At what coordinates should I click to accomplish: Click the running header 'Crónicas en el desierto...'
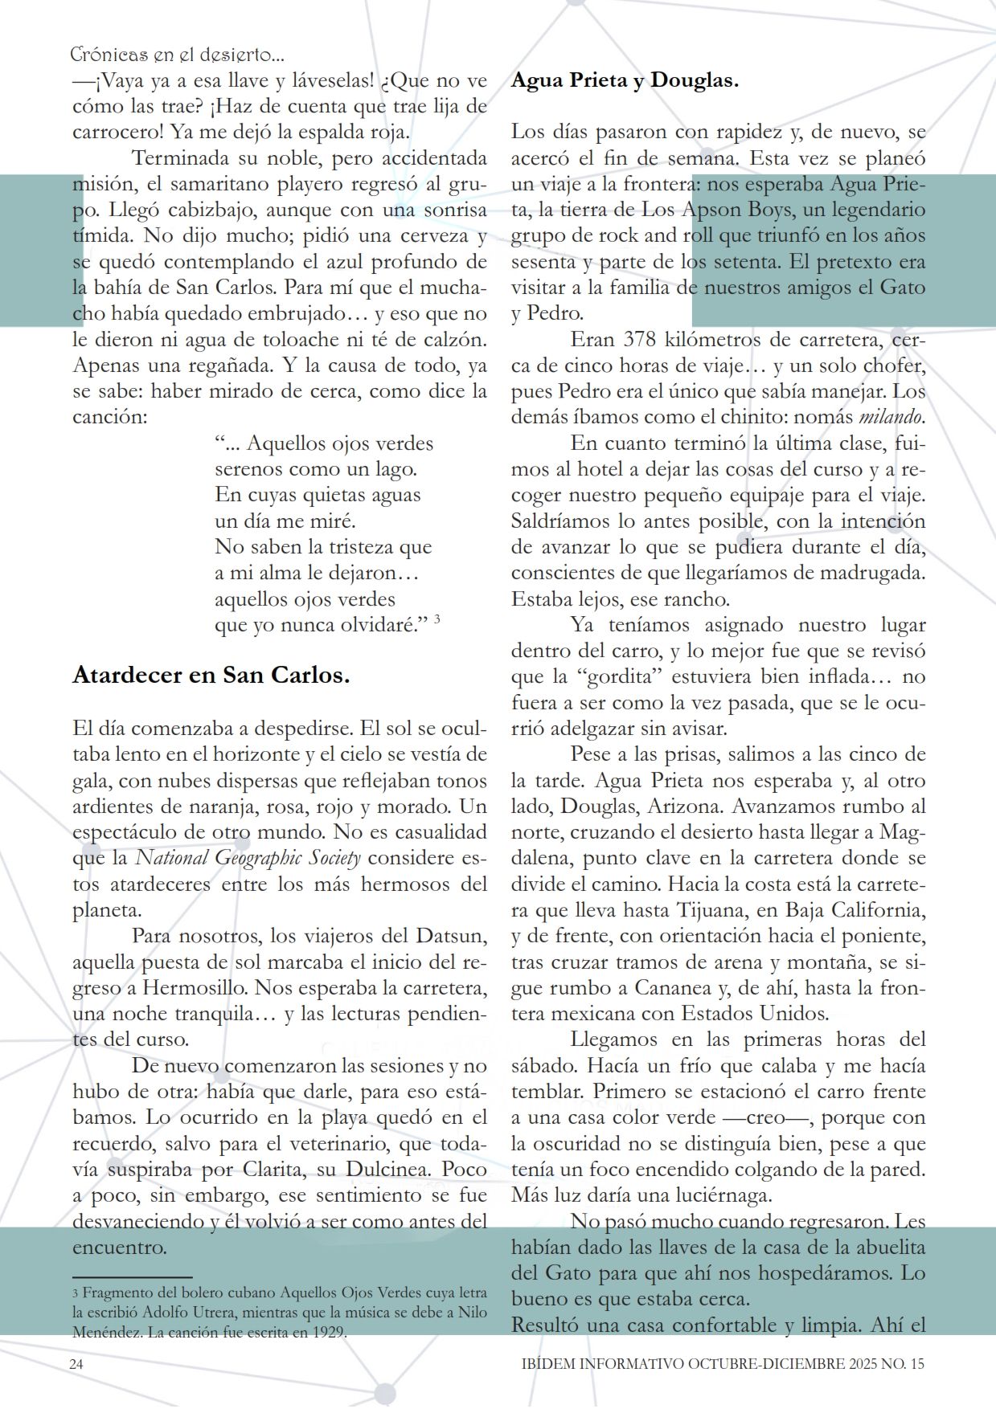[x=177, y=55]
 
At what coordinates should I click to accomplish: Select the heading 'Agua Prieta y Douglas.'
[x=625, y=80]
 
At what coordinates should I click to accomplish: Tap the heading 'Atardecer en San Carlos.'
[x=211, y=675]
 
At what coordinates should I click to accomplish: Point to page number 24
[x=77, y=1364]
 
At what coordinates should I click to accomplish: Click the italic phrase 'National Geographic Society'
[x=248, y=858]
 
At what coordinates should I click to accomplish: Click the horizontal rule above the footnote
[x=132, y=1276]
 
